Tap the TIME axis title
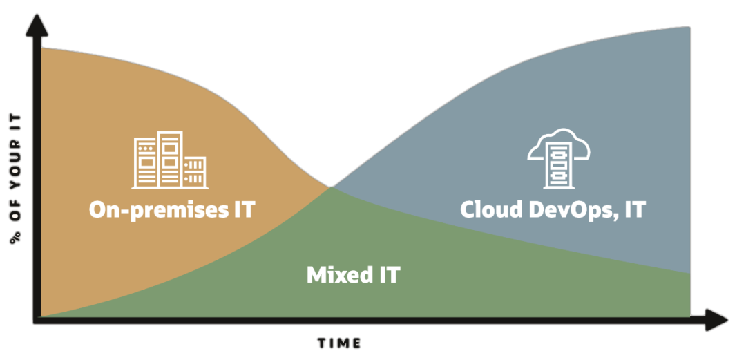(x=340, y=343)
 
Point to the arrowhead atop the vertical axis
(x=37, y=24)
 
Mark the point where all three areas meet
(x=332, y=187)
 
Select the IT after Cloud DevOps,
(x=633, y=209)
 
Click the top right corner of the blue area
(x=689, y=28)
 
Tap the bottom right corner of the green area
(x=689, y=316)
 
